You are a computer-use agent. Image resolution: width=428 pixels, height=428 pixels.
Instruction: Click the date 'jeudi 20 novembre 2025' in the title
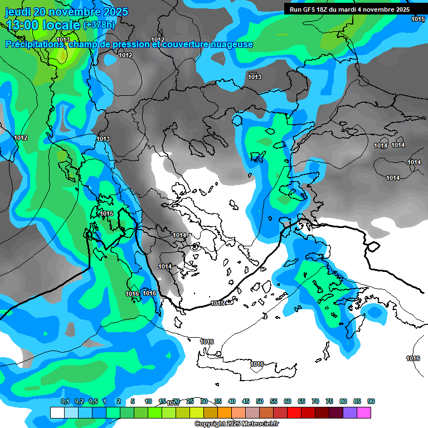coord(67,12)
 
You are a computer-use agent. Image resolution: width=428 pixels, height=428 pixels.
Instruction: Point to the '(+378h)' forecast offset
coord(99,25)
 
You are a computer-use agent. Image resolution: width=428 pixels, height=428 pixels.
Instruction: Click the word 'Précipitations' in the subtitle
coord(35,44)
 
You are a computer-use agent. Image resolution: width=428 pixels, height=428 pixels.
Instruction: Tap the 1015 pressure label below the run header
coord(418,20)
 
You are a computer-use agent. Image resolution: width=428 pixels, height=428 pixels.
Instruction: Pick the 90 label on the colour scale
coord(371,401)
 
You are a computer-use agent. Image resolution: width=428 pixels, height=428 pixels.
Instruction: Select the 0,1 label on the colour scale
coord(65,401)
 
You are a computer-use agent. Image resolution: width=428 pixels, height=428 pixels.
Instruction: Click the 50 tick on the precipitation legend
coord(260,401)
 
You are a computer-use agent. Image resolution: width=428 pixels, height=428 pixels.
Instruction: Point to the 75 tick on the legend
coord(329,401)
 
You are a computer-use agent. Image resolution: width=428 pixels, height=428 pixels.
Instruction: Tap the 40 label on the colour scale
coord(232,401)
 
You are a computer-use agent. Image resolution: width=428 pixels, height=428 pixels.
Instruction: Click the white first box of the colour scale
coord(57,412)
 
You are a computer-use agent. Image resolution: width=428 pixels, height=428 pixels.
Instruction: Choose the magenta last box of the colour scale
coord(364,412)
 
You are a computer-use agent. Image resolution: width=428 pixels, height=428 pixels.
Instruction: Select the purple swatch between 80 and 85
coord(350,412)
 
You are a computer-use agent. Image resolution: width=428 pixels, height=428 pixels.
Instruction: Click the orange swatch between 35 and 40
coord(225,412)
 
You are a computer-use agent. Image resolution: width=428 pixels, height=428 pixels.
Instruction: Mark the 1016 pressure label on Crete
coord(256,364)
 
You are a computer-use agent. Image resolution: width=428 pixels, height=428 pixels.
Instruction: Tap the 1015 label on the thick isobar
coord(218,303)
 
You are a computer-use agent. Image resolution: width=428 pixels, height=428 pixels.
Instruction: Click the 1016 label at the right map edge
coord(413,358)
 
